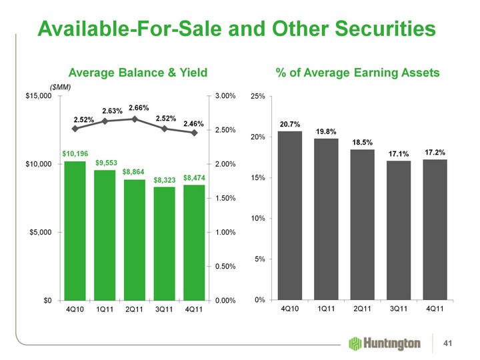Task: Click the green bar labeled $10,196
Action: (x=75, y=230)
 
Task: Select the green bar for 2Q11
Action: (x=134, y=239)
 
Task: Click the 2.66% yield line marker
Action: (x=134, y=119)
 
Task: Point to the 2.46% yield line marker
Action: (x=193, y=133)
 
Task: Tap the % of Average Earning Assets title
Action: (x=357, y=72)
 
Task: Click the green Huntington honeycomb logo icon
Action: (x=355, y=343)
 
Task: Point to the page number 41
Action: (x=457, y=343)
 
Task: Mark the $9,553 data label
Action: (x=105, y=162)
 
